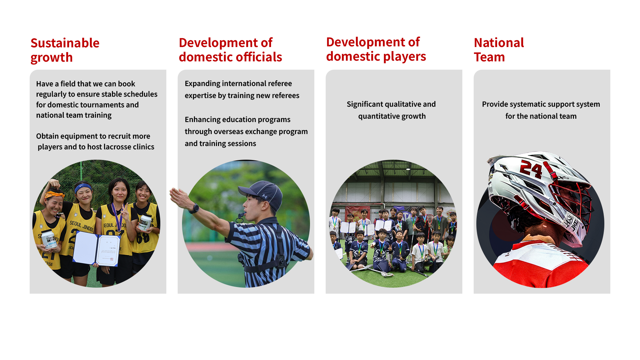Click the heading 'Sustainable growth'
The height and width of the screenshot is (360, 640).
pyautogui.click(x=65, y=50)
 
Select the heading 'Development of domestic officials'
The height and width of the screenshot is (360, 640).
pyautogui.click(x=230, y=50)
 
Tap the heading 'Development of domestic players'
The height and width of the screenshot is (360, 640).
pyautogui.click(x=376, y=49)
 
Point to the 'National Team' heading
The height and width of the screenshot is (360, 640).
pyautogui.click(x=499, y=50)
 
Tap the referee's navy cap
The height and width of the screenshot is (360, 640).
pyautogui.click(x=261, y=194)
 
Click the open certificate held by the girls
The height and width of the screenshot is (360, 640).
pyautogui.click(x=97, y=248)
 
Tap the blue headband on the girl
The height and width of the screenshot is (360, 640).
pyautogui.click(x=83, y=187)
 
